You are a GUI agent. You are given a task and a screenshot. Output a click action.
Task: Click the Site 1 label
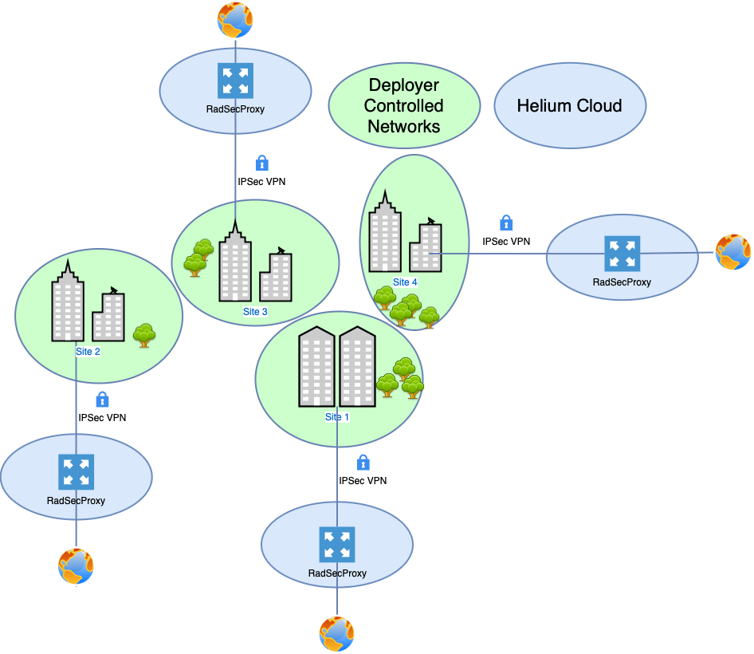(337, 417)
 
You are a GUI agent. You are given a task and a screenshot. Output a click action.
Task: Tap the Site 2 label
(87, 352)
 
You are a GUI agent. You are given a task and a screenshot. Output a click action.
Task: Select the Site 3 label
(255, 312)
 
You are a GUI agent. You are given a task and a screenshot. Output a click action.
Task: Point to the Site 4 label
(405, 282)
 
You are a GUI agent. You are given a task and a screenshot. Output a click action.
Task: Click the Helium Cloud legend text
(569, 105)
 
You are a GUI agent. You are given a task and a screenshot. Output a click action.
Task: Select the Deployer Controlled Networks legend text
(404, 105)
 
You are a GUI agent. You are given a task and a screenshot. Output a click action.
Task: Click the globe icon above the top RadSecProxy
(235, 19)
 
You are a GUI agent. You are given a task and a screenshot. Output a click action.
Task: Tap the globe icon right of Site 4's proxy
(732, 252)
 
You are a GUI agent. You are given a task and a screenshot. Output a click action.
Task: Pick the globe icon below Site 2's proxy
(76, 566)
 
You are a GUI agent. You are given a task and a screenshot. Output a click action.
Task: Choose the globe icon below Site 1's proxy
(336, 634)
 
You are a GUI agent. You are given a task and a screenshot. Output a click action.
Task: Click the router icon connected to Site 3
(235, 81)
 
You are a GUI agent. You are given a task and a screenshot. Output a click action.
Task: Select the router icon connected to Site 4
(621, 254)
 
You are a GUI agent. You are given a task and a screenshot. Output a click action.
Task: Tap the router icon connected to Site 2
(76, 471)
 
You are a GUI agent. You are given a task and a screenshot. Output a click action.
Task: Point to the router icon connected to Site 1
(336, 544)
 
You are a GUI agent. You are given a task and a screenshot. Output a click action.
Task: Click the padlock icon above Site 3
(261, 163)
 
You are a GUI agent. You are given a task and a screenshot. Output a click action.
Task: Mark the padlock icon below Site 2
(102, 399)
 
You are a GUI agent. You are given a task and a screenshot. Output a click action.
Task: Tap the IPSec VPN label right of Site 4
(506, 241)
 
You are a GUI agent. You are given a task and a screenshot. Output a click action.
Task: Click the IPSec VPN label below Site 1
(363, 481)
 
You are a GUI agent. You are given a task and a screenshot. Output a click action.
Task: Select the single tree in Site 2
(143, 335)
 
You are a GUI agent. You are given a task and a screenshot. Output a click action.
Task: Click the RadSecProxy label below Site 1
(337, 573)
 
